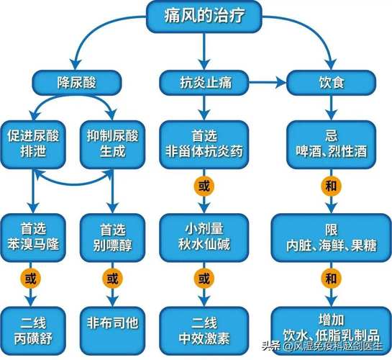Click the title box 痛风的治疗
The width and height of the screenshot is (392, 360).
(x=204, y=17)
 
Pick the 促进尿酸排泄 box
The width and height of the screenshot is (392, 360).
(x=35, y=140)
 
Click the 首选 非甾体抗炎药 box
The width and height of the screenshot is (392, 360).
(x=204, y=140)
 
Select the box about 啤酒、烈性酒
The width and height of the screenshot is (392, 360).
(x=331, y=140)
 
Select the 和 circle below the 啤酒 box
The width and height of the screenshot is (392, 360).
(x=331, y=186)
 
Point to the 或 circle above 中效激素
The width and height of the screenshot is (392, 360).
(x=204, y=277)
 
